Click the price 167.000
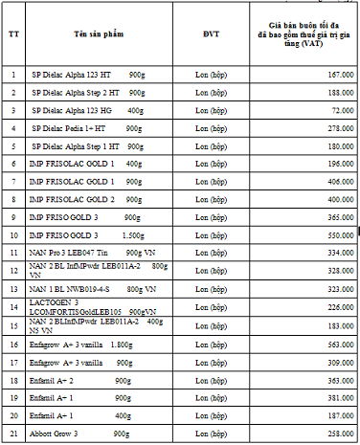340,74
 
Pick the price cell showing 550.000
340,234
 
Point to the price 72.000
342,110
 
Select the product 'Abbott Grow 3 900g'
80,434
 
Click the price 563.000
340,345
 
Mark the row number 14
13,307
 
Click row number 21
13,434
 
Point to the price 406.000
340,181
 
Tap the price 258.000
340,434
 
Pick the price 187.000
340,416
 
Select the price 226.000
340,307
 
